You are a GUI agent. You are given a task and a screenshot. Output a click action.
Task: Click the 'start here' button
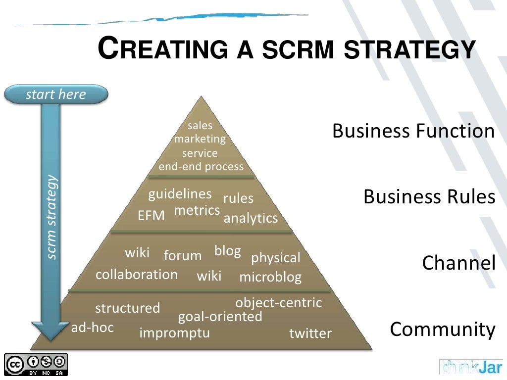point(55,95)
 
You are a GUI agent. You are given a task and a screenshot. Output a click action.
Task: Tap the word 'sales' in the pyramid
point(200,126)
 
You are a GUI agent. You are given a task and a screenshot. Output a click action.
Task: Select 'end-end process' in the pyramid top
point(201,166)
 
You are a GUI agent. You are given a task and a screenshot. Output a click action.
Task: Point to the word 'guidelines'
point(180,193)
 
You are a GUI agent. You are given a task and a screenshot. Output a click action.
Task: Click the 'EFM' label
point(151,216)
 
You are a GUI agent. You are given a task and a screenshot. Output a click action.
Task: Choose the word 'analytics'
point(251,218)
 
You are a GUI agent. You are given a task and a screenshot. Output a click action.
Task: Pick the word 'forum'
point(183,256)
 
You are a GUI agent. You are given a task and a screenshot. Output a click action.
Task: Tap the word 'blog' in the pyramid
point(227,251)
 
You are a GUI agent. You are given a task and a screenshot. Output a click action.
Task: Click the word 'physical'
point(276,258)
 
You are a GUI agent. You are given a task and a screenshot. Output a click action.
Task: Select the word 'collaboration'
point(137,274)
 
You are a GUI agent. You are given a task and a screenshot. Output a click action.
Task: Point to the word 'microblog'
point(270,277)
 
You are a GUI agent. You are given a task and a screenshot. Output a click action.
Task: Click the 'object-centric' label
point(278,302)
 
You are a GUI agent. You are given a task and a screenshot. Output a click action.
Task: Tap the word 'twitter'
point(310,333)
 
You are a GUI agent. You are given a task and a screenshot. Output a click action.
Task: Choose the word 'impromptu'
point(175,332)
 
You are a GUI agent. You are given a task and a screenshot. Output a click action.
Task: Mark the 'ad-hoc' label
point(93,327)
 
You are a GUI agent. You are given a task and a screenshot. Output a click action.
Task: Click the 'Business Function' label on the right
point(413,131)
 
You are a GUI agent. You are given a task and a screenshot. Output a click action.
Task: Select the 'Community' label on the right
point(443,329)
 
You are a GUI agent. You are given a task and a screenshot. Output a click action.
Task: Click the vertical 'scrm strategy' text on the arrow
point(52,218)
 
